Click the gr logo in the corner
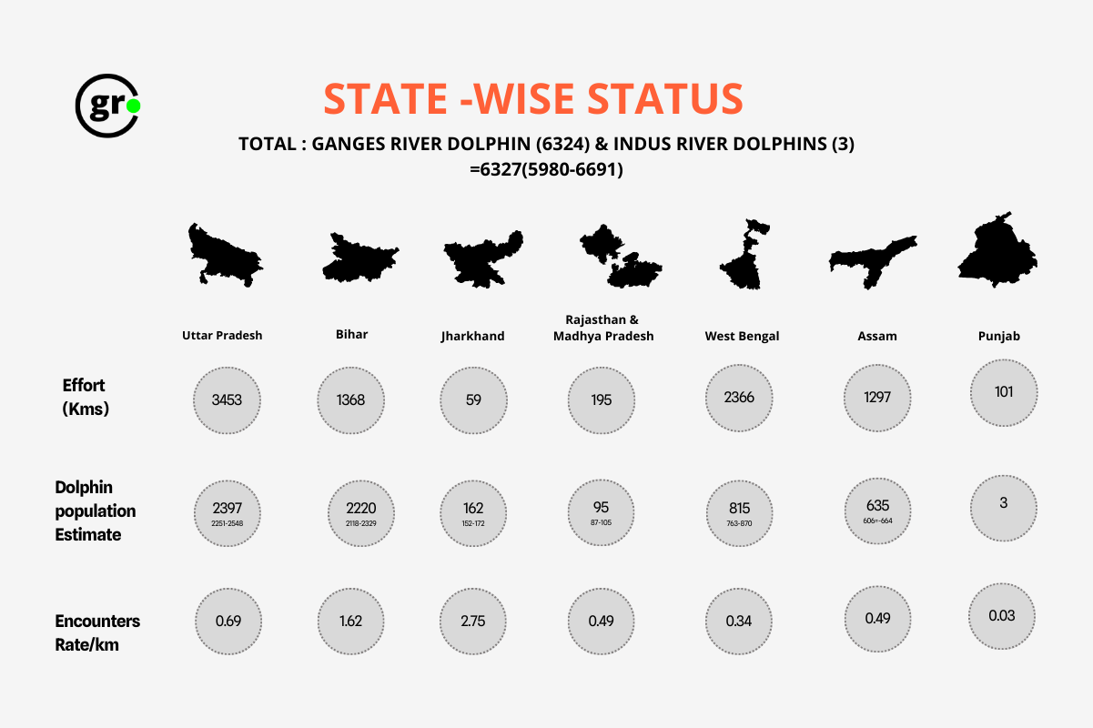tap(106, 106)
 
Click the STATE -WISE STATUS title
tap(533, 99)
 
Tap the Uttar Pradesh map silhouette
tap(223, 254)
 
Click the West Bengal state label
tap(742, 336)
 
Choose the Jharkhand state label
tap(471, 336)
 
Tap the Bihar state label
tap(351, 334)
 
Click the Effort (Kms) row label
tap(86, 398)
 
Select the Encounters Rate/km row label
tap(97, 632)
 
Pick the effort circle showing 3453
tap(228, 399)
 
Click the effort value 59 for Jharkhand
tap(473, 399)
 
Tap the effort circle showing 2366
tap(740, 398)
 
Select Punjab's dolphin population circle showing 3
tap(1004, 503)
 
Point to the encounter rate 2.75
tap(473, 622)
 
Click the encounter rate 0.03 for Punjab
tap(1002, 616)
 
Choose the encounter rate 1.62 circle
tap(351, 622)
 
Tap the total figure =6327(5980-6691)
tap(546, 169)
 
